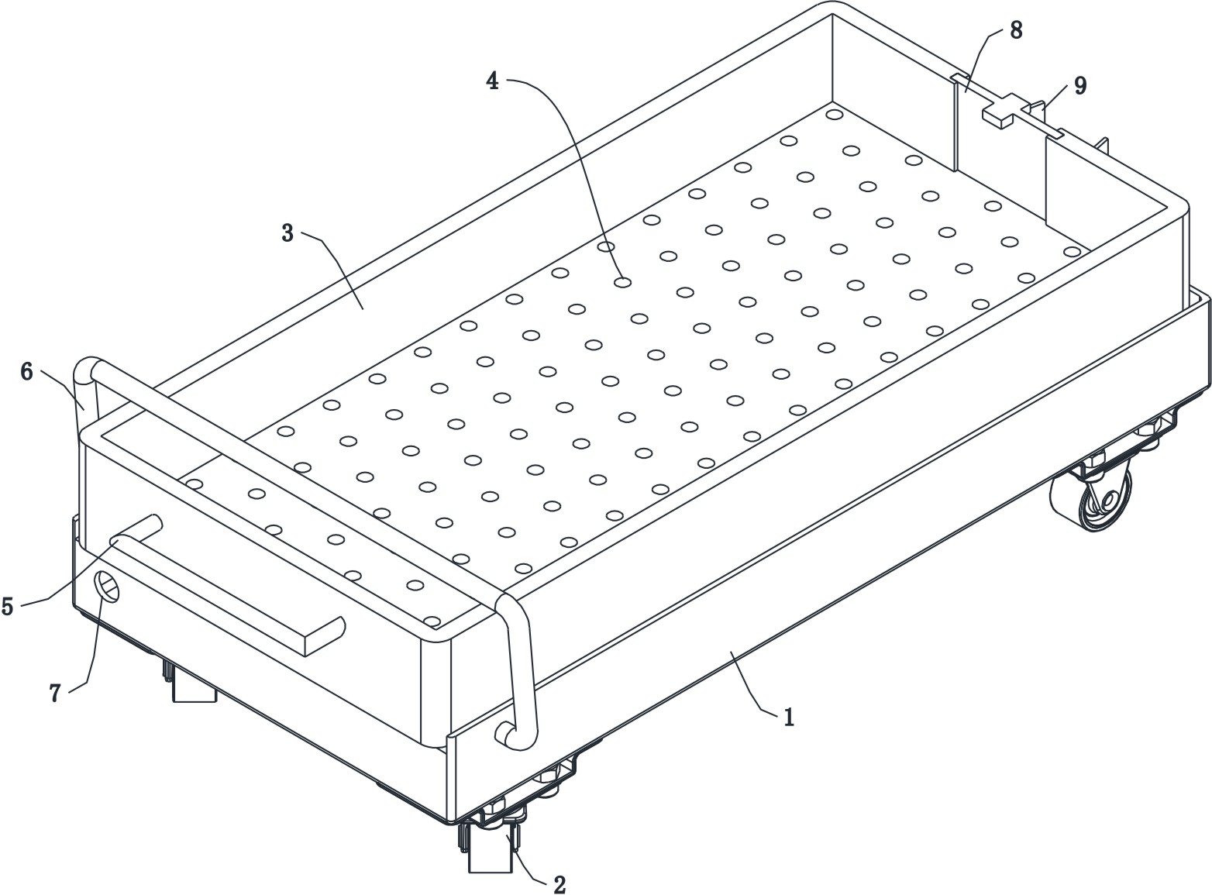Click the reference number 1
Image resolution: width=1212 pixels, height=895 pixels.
[789, 718]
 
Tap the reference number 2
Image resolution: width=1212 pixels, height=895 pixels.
[559, 884]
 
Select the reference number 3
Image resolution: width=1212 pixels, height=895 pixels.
[288, 233]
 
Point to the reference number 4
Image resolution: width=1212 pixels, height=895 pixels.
[493, 80]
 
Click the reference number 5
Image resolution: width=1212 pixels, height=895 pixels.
[7, 606]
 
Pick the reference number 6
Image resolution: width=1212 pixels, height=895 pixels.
[27, 372]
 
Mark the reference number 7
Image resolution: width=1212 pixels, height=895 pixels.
[55, 693]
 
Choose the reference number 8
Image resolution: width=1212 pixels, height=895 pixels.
[1016, 31]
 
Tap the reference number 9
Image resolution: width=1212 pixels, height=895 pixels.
[1079, 85]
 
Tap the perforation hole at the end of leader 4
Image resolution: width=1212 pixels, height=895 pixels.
[622, 283]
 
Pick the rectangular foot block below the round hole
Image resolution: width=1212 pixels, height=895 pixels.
[194, 686]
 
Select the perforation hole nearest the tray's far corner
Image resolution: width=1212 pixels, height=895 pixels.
[834, 115]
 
